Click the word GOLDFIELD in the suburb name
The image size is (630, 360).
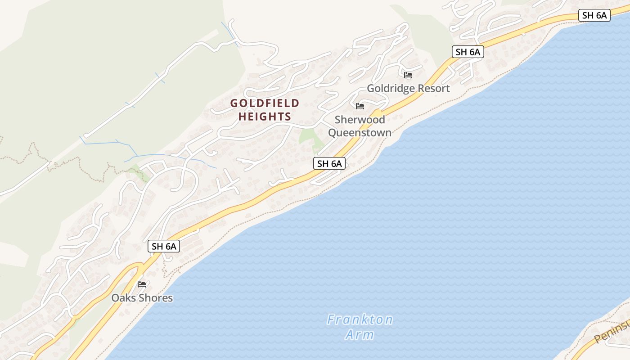coord(265,103)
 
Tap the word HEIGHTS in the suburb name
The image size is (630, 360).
coord(265,117)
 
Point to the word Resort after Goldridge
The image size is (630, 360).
coord(433,88)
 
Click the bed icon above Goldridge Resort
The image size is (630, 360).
coord(408,75)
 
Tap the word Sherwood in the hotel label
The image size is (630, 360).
coord(360,120)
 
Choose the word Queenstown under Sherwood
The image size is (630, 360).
coord(360,133)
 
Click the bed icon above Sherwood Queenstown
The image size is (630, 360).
coord(360,106)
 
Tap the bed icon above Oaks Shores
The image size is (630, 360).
coord(142,284)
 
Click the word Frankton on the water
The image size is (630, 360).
coord(360,320)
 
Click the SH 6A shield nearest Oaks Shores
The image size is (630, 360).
coord(164,246)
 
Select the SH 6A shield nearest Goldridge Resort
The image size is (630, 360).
coord(468,52)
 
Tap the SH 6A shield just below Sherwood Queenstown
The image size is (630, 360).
coord(329,164)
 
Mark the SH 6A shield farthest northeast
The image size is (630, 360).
coord(594,15)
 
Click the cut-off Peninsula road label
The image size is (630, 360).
coord(612,331)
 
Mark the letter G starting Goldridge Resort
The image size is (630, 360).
coord(371,88)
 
